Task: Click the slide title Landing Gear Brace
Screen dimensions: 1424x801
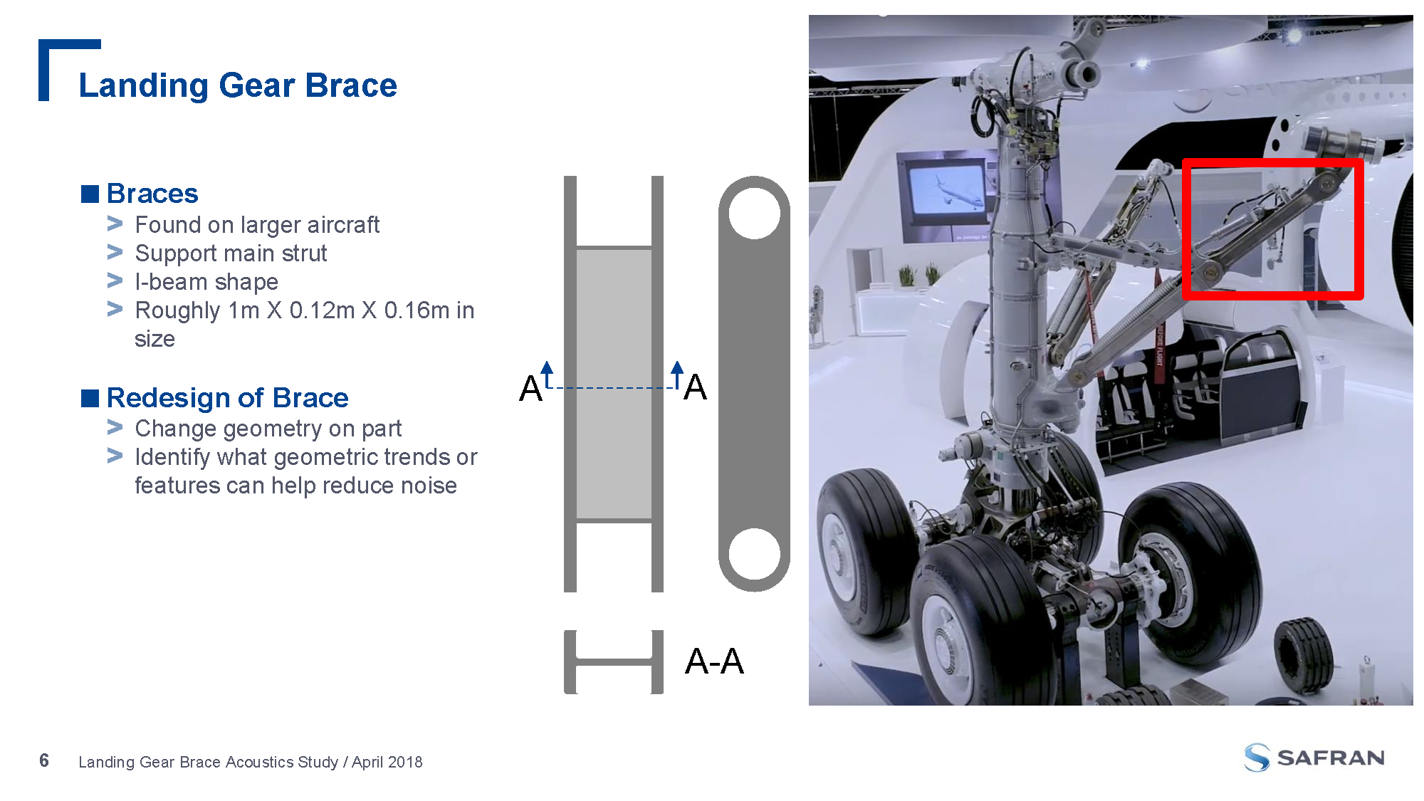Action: (238, 85)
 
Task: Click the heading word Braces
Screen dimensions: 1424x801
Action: (152, 194)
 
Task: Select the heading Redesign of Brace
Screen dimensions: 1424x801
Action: (228, 397)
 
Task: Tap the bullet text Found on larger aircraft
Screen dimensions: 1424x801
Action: (257, 225)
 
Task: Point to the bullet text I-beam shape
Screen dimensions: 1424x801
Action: (206, 282)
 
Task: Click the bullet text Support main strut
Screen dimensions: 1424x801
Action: (231, 253)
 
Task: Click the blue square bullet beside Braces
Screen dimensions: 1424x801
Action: (90, 194)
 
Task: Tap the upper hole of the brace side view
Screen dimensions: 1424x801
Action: (755, 213)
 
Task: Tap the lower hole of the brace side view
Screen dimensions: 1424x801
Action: (755, 554)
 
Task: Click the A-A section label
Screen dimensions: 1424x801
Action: (714, 661)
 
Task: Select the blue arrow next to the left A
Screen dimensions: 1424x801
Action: (547, 375)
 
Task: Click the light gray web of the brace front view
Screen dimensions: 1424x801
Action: (614, 384)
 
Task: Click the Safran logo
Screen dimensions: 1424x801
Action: (1314, 758)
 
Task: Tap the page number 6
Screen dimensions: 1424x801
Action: (44, 761)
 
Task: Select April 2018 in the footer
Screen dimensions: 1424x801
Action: (387, 762)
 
